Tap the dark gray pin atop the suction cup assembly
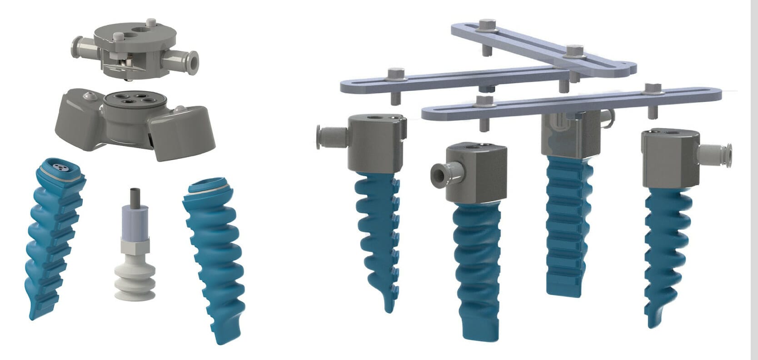134,196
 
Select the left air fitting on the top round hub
82,46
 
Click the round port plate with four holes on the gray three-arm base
132,99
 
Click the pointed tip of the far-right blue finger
651,318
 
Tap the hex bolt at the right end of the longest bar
653,87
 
